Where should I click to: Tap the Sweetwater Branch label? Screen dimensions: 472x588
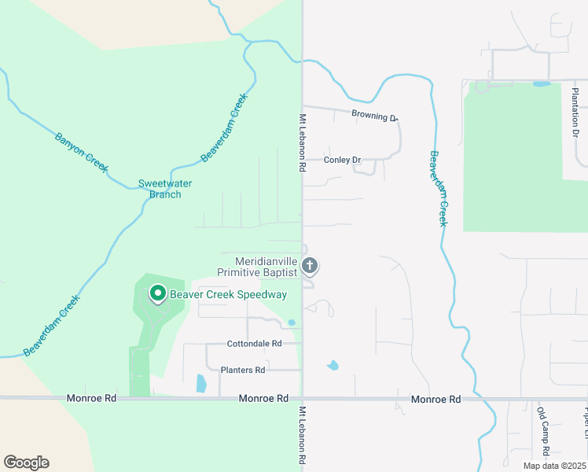(165, 189)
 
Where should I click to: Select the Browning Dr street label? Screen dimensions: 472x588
(374, 116)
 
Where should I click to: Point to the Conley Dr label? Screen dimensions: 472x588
(342, 160)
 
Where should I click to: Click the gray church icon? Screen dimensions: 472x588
(310, 266)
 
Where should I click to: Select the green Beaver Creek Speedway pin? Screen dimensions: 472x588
(157, 294)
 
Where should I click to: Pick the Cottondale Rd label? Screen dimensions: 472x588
(254, 344)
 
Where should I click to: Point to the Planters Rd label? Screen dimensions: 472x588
(243, 370)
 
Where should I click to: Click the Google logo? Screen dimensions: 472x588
(26, 463)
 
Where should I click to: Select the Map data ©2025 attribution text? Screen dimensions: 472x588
(553, 466)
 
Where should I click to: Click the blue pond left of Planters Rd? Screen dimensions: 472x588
(200, 384)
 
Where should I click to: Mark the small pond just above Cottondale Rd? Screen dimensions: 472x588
(292, 323)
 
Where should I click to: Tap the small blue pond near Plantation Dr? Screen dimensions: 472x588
(542, 83)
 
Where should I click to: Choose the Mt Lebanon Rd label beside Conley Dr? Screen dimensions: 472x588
(301, 143)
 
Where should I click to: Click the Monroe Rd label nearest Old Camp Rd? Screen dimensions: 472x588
(435, 400)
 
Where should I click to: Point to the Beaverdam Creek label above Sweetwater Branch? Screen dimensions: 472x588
(224, 127)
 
